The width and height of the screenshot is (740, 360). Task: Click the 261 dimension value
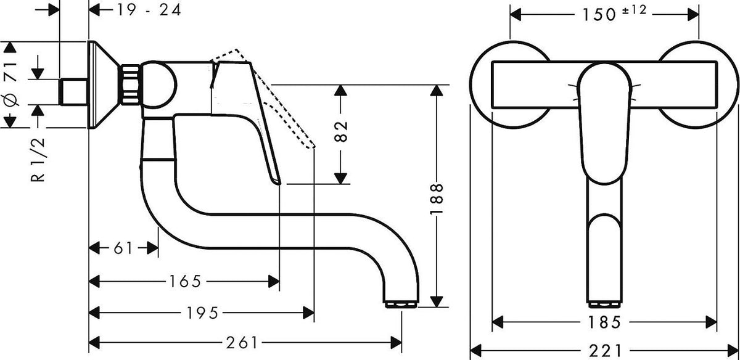coord(242,343)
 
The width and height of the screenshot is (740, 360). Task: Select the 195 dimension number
coord(202,313)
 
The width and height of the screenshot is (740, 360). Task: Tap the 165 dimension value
coord(185,281)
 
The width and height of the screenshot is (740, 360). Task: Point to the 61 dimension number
coord(123,248)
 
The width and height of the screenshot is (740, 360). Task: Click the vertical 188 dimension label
coord(436,199)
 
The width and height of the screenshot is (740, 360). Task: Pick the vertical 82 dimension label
coord(341,131)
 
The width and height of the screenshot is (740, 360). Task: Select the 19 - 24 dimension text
coord(149,10)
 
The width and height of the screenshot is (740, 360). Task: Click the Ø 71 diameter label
coord(11,85)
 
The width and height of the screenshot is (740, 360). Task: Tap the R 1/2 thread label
coord(38,160)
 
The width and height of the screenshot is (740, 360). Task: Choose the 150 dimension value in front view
coord(599,15)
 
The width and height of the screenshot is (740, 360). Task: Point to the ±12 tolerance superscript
coord(635,10)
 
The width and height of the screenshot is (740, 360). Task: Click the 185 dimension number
coord(604,322)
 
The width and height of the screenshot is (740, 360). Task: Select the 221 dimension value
coord(605,351)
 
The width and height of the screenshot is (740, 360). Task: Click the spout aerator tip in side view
coord(401,304)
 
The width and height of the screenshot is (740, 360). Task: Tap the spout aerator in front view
coord(604,305)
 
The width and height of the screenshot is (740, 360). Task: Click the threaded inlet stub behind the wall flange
coord(73,92)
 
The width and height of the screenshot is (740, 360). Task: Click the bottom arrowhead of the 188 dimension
coord(437,302)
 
